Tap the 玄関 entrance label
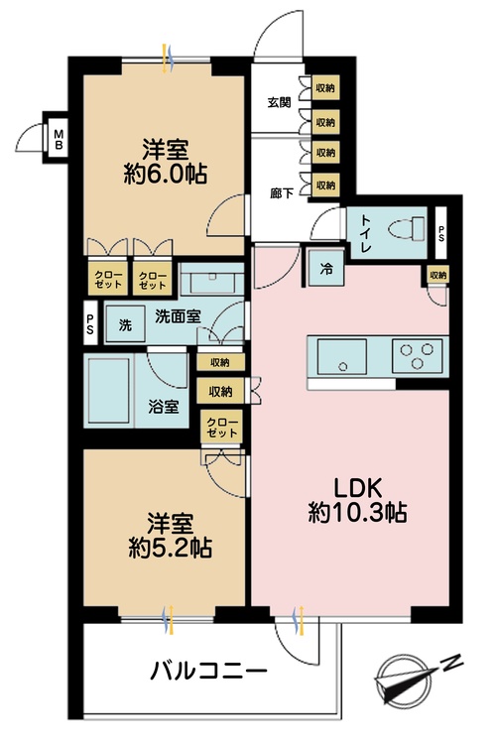(279, 102)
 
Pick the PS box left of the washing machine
(90, 325)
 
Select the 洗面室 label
(178, 316)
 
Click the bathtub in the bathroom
(113, 392)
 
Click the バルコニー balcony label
(208, 673)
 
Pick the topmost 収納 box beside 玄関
(324, 89)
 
